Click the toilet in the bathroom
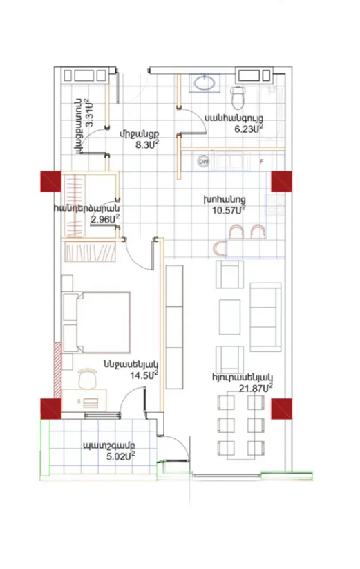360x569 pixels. pyautogui.click(x=238, y=97)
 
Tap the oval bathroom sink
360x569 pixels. pyautogui.click(x=205, y=82)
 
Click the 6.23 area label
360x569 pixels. pyautogui.click(x=248, y=129)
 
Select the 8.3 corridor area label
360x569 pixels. pyautogui.click(x=146, y=144)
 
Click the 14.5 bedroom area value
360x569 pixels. pyautogui.click(x=144, y=375)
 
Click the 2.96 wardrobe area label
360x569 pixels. pyautogui.click(x=105, y=219)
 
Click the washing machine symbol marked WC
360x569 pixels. pyautogui.click(x=203, y=161)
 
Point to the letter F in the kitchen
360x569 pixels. pyautogui.click(x=261, y=162)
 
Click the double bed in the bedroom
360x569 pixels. pyautogui.click(x=96, y=322)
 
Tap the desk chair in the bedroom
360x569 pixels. pyautogui.click(x=88, y=378)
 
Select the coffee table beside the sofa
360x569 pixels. pyautogui.click(x=229, y=317)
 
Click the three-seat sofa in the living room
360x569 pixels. pyautogui.click(x=265, y=317)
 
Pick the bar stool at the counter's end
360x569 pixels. pyautogui.click(x=220, y=249)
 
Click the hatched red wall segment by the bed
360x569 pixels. pyautogui.click(x=57, y=370)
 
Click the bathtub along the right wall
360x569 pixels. pyautogui.click(x=271, y=113)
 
